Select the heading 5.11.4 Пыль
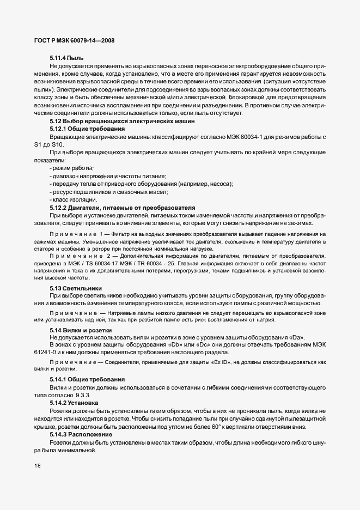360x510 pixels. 68,57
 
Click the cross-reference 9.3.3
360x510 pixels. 80,394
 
